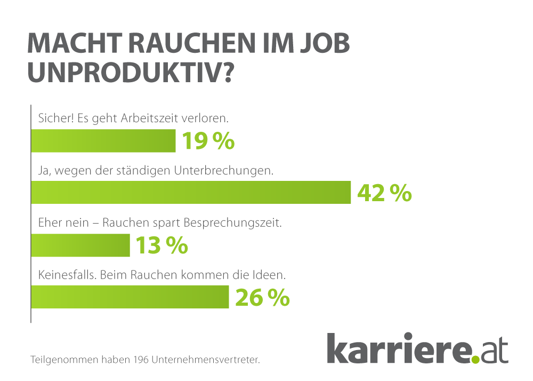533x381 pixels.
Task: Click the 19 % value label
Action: pos(208,141)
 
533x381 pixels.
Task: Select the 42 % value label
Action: pos(384,193)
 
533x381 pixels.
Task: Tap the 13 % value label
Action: pos(161,245)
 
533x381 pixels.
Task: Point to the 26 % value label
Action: pos(262,297)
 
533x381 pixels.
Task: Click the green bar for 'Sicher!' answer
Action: pos(103,141)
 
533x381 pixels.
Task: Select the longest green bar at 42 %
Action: pos(191,193)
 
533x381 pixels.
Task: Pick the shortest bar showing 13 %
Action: pos(80,245)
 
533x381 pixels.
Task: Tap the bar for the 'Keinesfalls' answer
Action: pos(130,297)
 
